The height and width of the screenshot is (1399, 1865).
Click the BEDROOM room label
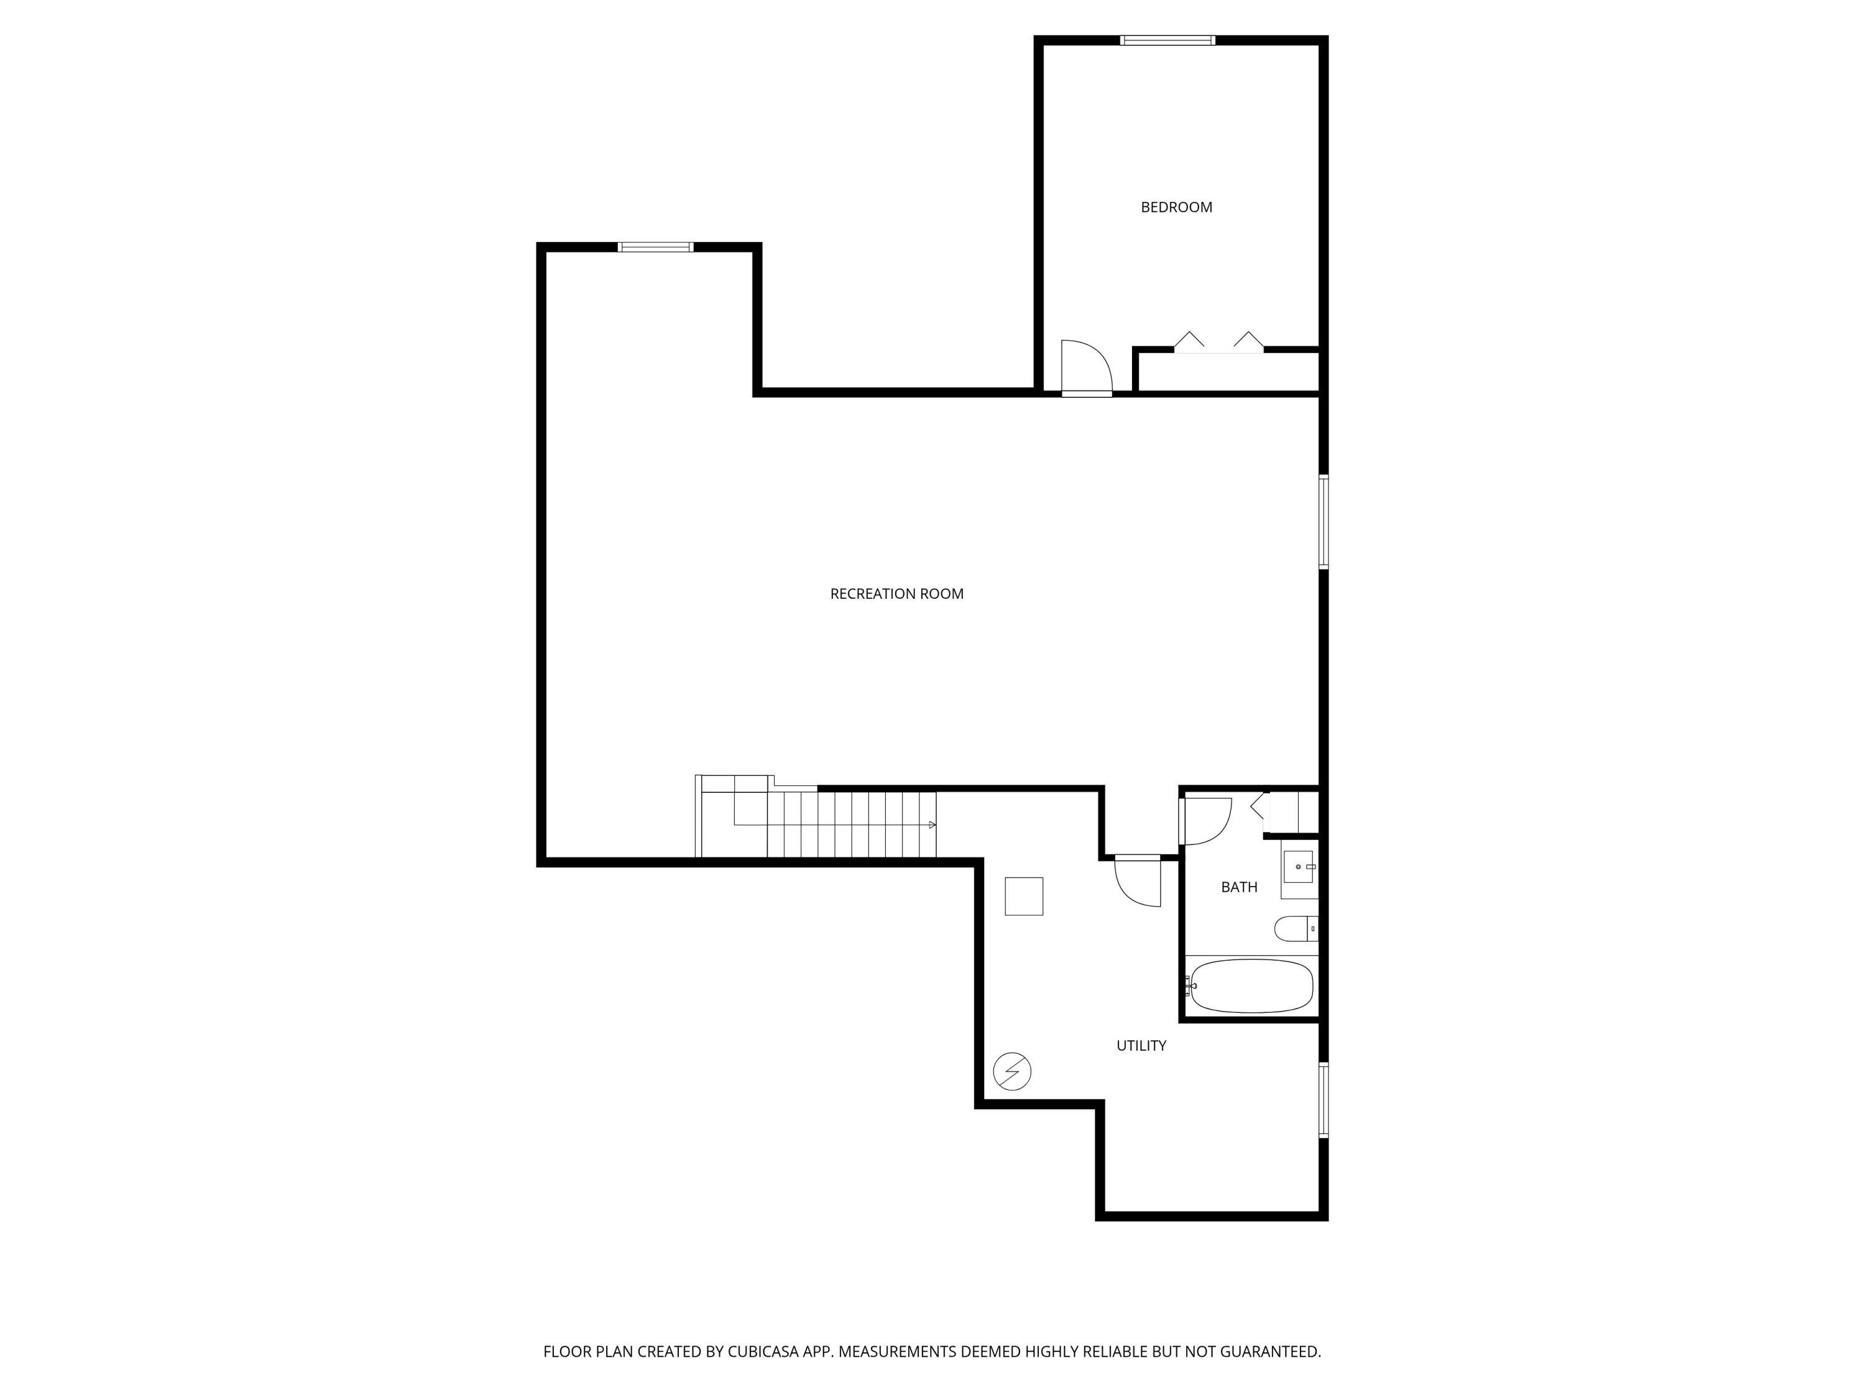point(1176,208)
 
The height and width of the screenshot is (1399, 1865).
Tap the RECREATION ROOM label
point(896,594)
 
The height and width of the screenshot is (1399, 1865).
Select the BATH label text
point(1238,887)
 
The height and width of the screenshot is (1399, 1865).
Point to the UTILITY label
point(1141,1046)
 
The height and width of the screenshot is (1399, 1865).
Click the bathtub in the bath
point(1251,986)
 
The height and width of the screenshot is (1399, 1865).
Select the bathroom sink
point(1297,866)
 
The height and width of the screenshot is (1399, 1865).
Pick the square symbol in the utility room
point(1023,897)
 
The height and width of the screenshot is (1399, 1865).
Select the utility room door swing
point(1138,882)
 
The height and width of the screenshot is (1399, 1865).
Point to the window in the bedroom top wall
point(1167,40)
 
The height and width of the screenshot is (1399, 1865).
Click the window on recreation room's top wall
point(655,247)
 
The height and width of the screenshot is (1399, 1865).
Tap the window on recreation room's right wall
point(1323,522)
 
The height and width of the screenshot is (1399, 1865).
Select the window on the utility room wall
point(1323,1100)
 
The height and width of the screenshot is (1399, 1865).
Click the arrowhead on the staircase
point(932,824)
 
